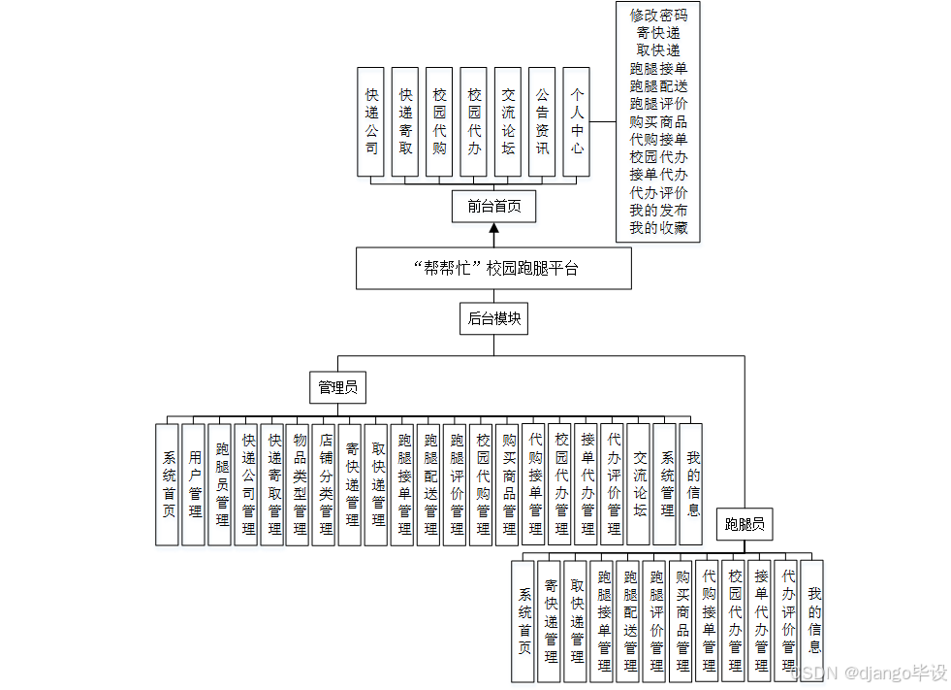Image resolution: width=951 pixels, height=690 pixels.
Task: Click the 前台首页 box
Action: pyautogui.click(x=493, y=206)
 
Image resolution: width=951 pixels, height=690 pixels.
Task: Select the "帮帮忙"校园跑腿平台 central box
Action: pyautogui.click(x=493, y=268)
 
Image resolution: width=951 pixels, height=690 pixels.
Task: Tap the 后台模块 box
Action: pyautogui.click(x=493, y=318)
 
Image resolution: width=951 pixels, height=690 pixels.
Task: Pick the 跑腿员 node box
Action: pyautogui.click(x=745, y=526)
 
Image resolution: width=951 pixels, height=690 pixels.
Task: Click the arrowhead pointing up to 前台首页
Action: pyautogui.click(x=493, y=229)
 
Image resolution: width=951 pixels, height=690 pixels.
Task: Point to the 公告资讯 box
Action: pyautogui.click(x=542, y=121)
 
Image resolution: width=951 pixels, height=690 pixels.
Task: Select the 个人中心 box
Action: pyautogui.click(x=576, y=121)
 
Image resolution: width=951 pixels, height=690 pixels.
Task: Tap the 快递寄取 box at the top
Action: pyautogui.click(x=405, y=121)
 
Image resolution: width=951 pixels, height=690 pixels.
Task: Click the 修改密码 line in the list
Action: pyautogui.click(x=657, y=16)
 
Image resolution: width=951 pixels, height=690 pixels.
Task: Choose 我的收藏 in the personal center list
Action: pyautogui.click(x=657, y=228)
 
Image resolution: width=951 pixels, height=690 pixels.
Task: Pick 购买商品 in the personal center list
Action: pyautogui.click(x=657, y=122)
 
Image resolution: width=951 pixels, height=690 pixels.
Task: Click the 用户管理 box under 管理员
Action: pyautogui.click(x=194, y=483)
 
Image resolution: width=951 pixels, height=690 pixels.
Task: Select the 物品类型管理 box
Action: pyautogui.click(x=299, y=483)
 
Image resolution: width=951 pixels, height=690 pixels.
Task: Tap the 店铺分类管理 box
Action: pyautogui.click(x=325, y=483)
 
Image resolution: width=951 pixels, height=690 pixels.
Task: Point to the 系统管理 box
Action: pyautogui.click(x=665, y=483)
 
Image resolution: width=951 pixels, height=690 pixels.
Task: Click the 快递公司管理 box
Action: pyautogui.click(x=246, y=483)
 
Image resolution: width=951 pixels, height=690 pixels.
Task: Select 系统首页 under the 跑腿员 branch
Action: pyautogui.click(x=524, y=620)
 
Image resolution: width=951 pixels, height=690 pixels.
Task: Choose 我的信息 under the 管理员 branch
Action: pyautogui.click(x=691, y=483)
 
